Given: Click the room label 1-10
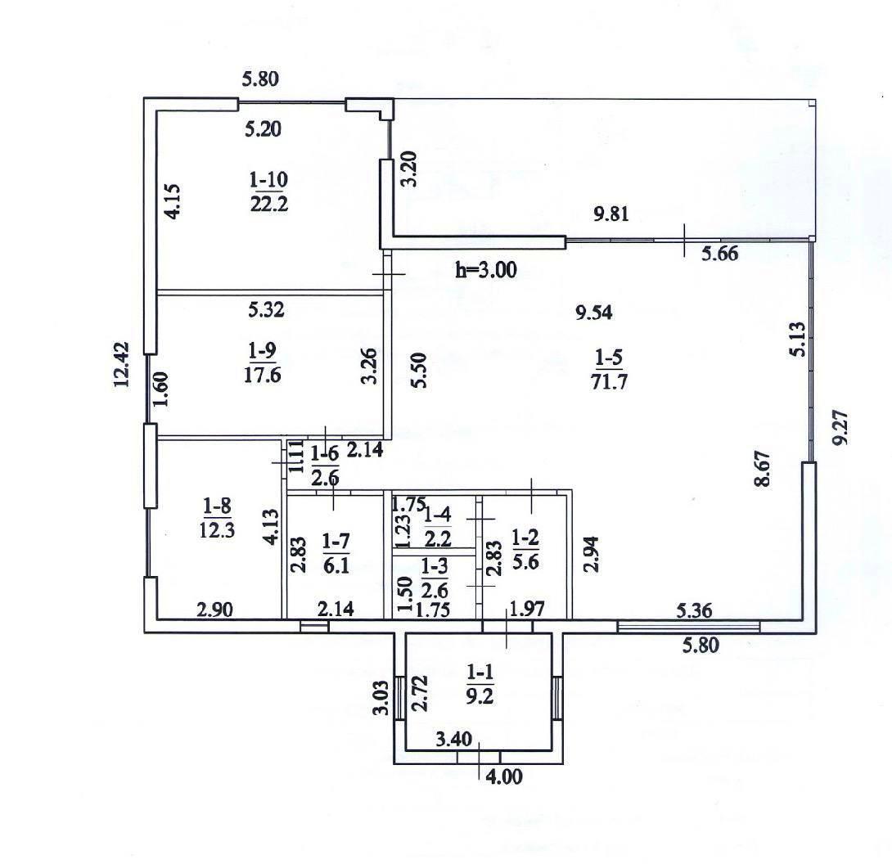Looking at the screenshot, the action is (268, 181).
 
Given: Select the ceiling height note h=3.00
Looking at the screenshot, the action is (486, 270).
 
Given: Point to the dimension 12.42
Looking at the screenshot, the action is (123, 365).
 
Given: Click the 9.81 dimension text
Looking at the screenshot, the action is (611, 214).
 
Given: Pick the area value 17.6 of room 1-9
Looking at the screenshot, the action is (262, 376).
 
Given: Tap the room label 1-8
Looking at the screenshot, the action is (218, 505).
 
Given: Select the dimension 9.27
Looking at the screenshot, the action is (840, 428).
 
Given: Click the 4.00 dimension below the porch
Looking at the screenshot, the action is (504, 776).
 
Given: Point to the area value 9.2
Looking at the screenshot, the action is (480, 696).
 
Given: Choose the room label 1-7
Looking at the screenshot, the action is (336, 542).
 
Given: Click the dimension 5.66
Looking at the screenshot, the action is (719, 253).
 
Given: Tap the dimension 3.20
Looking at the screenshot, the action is (409, 169).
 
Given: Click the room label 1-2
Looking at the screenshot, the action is (525, 537).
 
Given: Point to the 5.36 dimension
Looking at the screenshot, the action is (694, 611).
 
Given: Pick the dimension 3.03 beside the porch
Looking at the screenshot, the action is (381, 697).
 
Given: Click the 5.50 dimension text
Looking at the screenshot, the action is (420, 371).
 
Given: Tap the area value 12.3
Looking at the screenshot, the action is (218, 529).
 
